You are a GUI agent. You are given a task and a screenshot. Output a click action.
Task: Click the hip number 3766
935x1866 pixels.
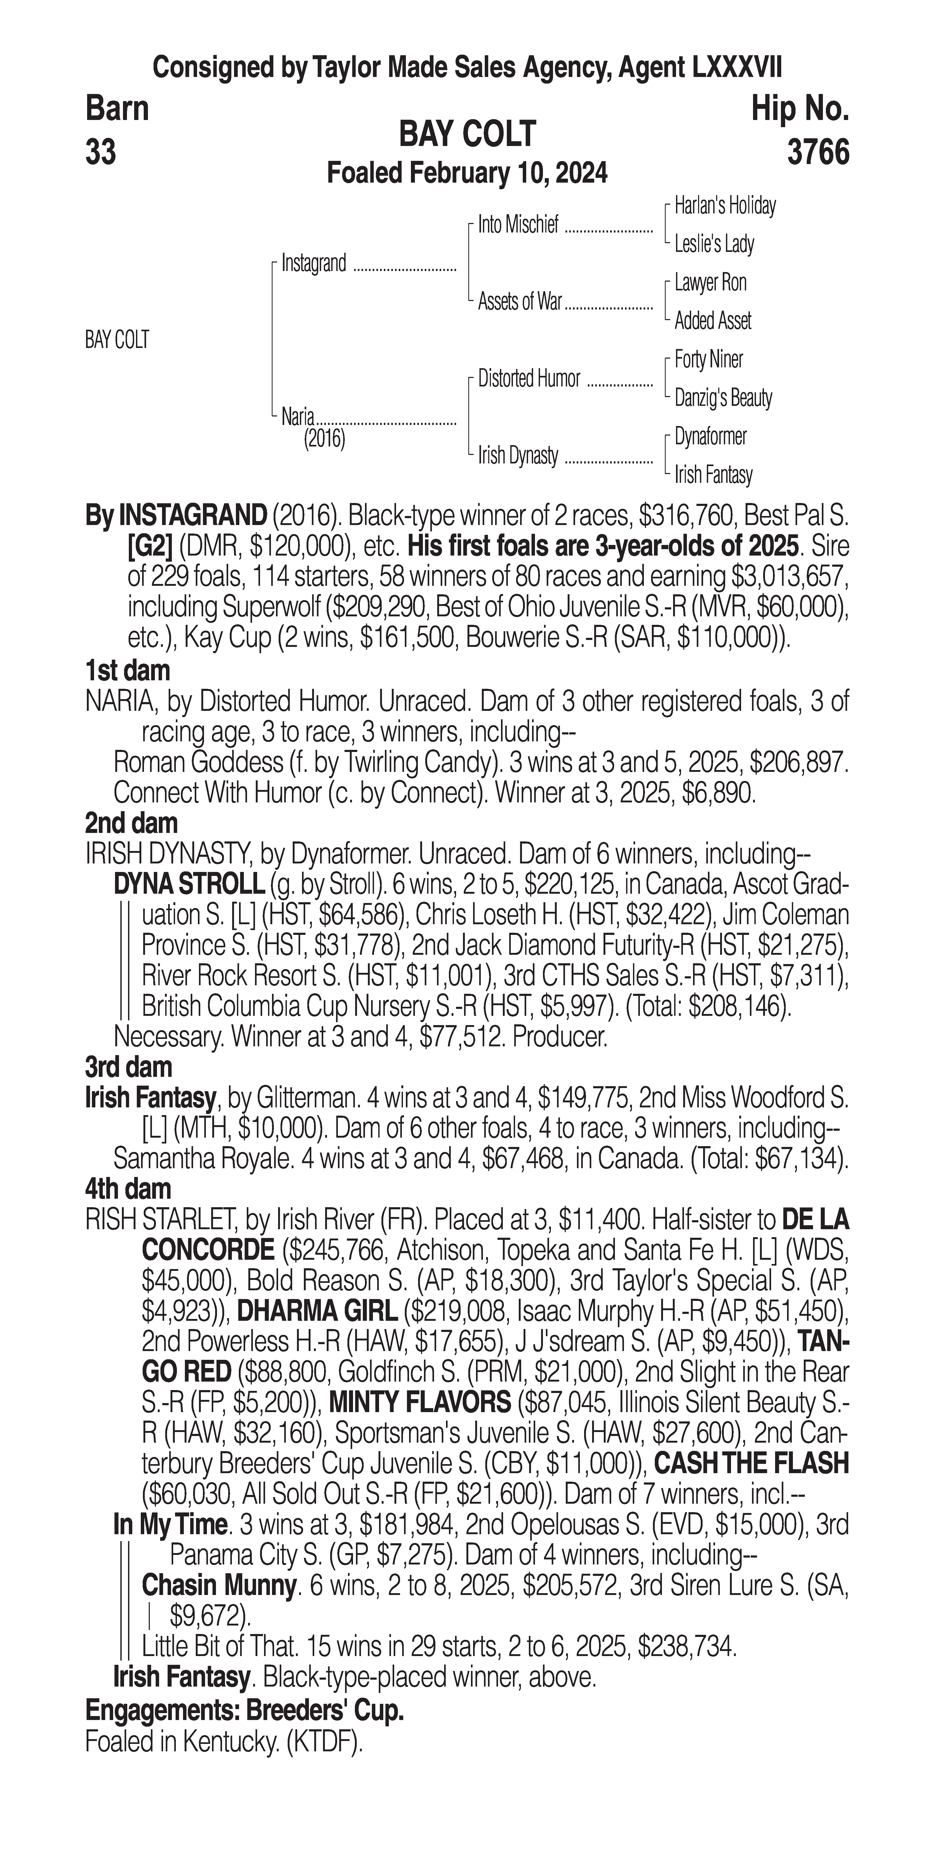818,153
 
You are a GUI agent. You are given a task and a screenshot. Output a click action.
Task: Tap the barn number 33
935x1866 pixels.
101,153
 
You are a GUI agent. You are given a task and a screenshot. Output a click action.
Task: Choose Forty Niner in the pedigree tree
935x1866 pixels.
708,359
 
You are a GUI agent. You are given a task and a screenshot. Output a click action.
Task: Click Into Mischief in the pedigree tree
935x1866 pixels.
518,225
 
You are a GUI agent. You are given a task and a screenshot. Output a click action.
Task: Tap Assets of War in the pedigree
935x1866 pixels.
520,302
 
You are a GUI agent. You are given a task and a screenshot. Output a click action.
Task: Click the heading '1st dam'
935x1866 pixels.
127,671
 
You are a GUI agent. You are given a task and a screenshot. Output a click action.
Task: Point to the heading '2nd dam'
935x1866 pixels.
131,824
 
